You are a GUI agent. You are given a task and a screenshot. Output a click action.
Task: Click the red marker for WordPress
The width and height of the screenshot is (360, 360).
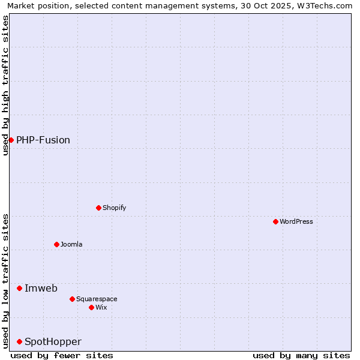275,221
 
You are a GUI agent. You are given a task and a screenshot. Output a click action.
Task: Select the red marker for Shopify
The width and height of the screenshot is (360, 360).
98,208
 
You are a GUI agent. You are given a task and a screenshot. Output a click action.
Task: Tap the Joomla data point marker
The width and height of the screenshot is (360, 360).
56,244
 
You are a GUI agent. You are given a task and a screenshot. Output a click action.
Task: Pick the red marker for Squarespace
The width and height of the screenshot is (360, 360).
72,299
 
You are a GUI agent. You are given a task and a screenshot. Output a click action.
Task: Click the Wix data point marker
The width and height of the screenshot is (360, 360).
91,307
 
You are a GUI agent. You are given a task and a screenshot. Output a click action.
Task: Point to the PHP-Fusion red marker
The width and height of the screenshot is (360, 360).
11,140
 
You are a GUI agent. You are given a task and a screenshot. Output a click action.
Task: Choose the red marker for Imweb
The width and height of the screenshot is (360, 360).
19,288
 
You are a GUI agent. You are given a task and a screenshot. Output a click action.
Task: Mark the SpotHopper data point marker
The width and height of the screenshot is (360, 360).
19,341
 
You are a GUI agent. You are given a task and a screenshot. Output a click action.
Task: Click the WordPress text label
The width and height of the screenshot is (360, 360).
296,221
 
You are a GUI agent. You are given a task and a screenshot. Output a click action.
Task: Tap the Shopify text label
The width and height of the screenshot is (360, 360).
114,208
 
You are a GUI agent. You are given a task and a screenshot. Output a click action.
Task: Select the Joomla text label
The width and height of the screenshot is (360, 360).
71,244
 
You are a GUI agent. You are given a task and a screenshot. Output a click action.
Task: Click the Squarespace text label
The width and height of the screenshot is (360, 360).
97,299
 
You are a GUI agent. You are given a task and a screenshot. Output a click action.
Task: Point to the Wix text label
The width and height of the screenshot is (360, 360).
101,307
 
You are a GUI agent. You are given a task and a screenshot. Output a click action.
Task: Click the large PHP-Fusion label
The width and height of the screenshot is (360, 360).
43,140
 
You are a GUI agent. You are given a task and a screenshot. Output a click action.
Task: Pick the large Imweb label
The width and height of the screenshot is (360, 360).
41,288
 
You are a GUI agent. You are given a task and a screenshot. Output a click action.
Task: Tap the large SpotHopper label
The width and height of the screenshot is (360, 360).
53,341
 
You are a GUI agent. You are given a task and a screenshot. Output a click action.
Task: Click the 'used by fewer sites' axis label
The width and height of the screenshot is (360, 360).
62,355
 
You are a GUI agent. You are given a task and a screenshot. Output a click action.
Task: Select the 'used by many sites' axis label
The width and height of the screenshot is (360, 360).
301,355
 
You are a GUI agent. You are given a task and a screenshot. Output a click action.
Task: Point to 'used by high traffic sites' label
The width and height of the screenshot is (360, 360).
5,85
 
